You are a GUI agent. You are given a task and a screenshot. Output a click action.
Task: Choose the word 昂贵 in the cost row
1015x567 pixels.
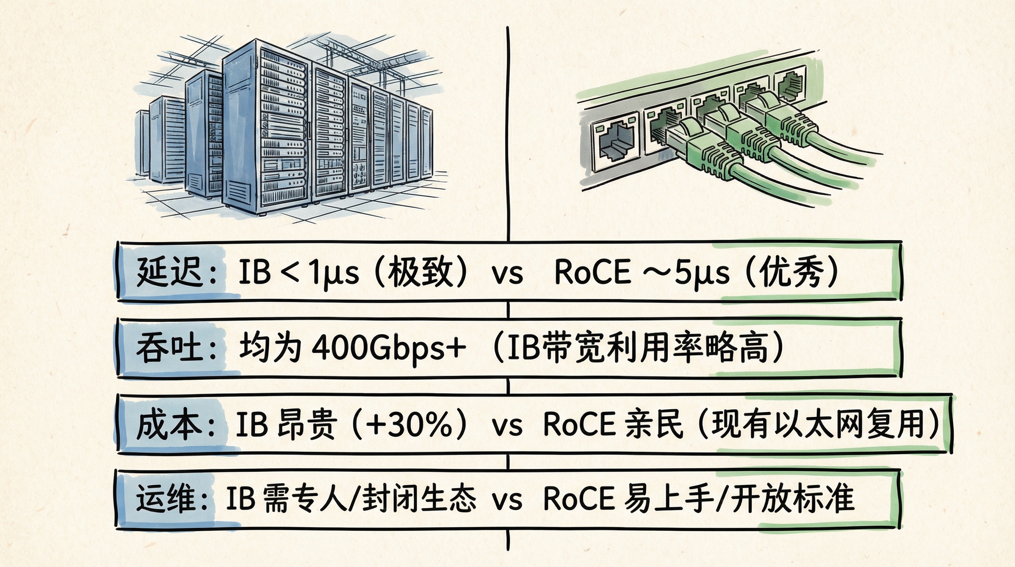[x=307, y=424]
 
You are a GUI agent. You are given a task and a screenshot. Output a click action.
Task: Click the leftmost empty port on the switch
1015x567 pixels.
[x=617, y=142]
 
